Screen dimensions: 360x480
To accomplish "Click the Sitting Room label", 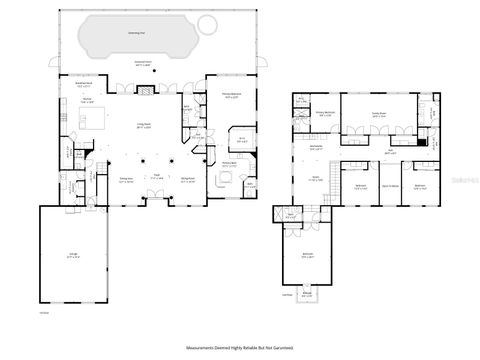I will pos(187,182).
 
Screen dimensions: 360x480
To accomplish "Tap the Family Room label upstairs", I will pos(379,114).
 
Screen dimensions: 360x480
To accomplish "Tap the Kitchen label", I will pos(87,103).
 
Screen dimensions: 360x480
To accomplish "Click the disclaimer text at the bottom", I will pos(240,347).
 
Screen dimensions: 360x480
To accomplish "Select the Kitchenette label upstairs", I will pos(315,147).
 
